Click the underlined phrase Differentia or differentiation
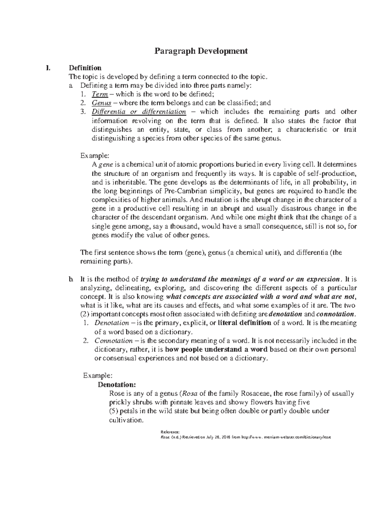[x=139, y=112]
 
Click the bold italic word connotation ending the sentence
[x=335, y=314]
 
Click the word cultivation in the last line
[x=125, y=420]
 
